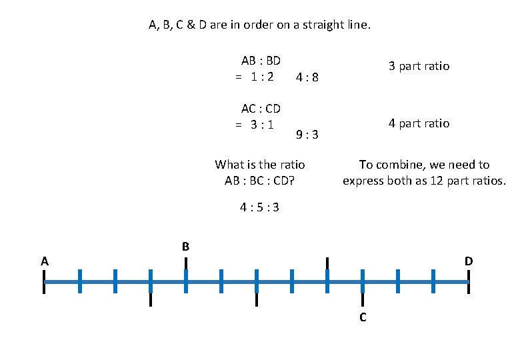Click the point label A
tap(44, 261)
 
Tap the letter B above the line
tap(186, 247)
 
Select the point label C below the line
tap(363, 317)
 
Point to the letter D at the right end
tap(469, 261)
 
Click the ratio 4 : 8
tap(307, 77)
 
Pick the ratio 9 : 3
tap(307, 135)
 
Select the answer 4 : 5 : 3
tap(260, 207)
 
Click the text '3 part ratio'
tap(419, 66)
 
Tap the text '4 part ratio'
tap(419, 123)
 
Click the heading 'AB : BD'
tap(261, 60)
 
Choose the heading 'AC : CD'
tap(261, 108)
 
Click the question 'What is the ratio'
tap(260, 164)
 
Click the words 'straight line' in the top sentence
tap(337, 25)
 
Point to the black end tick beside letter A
tap(44, 282)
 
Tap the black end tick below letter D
tap(469, 282)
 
